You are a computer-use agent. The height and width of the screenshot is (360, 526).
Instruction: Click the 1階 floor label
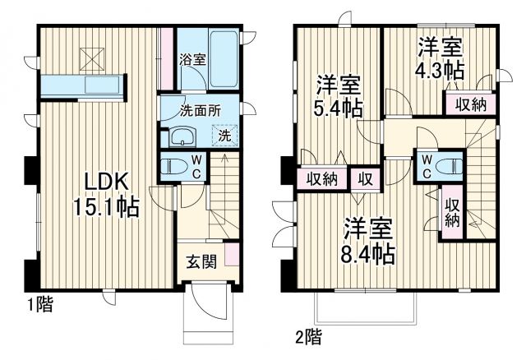click(x=39, y=306)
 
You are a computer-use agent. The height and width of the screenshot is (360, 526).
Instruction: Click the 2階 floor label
click(x=307, y=336)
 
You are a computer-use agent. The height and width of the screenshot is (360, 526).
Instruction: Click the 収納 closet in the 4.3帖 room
click(x=464, y=104)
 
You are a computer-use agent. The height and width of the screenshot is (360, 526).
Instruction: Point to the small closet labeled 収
click(x=362, y=178)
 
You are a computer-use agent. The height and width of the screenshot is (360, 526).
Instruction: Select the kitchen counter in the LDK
click(x=80, y=85)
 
